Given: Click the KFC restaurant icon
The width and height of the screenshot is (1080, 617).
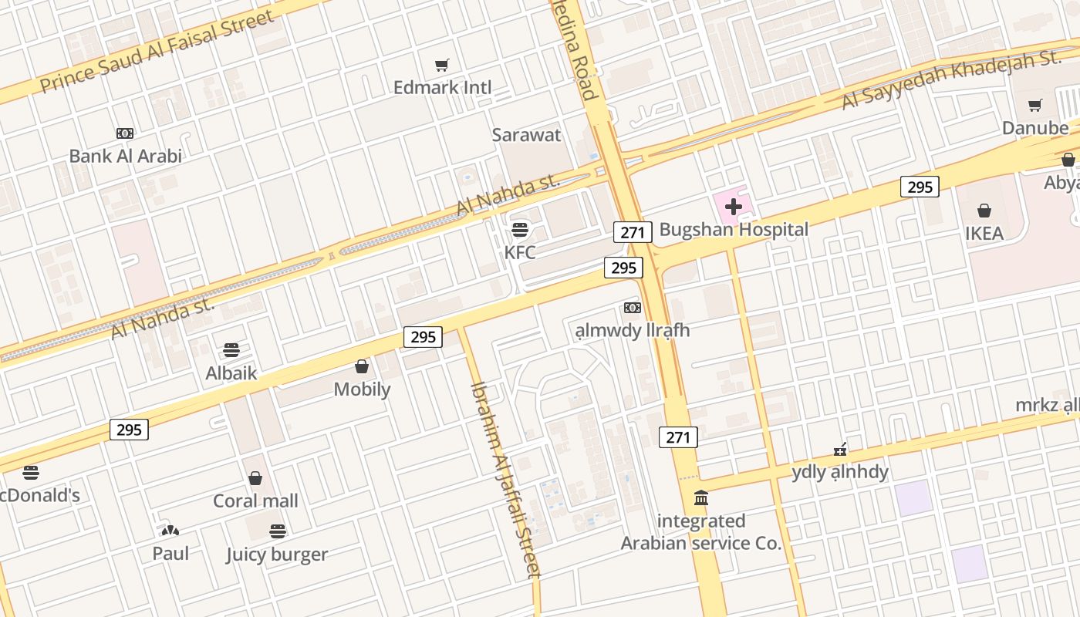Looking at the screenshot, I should click(x=520, y=229).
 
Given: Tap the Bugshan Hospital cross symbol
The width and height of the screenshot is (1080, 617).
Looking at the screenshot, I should click(x=734, y=206).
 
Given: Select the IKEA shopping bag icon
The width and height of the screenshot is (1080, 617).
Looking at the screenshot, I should click(x=984, y=211).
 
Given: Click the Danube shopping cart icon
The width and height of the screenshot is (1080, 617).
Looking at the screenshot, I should click(x=1035, y=106).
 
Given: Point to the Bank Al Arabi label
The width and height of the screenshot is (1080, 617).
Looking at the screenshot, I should click(x=126, y=157).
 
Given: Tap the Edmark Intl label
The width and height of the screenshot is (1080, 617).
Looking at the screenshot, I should click(x=442, y=88).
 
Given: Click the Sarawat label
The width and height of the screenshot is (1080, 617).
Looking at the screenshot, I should click(x=527, y=135).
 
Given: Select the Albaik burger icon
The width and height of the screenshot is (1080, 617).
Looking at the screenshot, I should click(x=231, y=350).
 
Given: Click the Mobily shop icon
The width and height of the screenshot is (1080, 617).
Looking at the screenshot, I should click(x=361, y=366).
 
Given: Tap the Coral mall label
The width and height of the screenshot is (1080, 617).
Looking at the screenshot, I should click(x=255, y=501).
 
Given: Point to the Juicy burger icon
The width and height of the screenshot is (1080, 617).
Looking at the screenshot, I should click(x=278, y=531).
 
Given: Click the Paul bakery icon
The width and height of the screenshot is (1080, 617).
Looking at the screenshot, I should click(x=170, y=531).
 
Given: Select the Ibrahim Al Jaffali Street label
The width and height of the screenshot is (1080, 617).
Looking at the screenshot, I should click(x=507, y=478).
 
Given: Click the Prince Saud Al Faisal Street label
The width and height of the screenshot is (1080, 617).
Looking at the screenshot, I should click(x=157, y=51).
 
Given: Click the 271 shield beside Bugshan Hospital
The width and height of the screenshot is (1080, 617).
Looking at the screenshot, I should click(x=633, y=231).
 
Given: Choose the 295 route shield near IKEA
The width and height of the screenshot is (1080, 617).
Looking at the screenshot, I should click(x=920, y=187).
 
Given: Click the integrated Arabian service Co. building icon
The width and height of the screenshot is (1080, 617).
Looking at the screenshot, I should click(x=701, y=497).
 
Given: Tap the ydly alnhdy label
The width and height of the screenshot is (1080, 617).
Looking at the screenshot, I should click(x=840, y=472).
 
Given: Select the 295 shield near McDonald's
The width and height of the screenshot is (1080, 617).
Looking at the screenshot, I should click(x=129, y=430).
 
